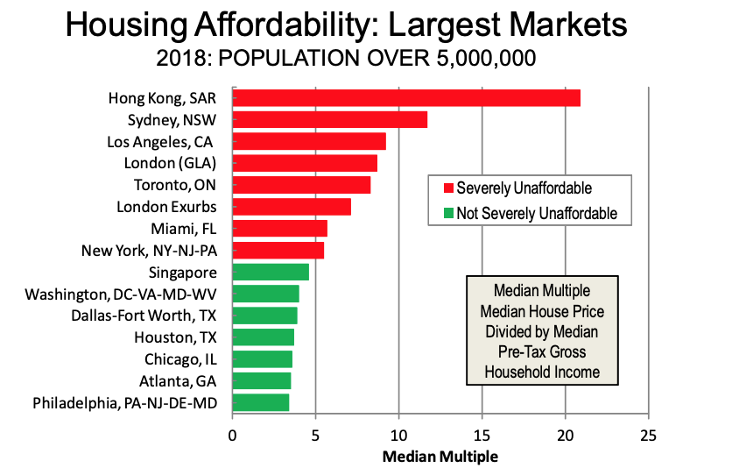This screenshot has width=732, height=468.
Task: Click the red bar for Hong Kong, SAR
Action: [405, 98]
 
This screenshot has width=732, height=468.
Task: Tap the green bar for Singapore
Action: [271, 272]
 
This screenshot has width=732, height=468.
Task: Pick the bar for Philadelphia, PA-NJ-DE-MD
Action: [260, 402]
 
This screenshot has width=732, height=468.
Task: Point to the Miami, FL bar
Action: [279, 229]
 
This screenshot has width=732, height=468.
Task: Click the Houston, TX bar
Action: [263, 337]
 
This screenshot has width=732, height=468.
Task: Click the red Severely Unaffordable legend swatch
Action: [448, 188]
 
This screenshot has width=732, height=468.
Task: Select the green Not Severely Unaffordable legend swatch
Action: [448, 213]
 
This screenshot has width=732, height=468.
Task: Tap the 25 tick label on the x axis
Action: [648, 435]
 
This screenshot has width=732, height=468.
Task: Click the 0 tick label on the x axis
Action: [232, 435]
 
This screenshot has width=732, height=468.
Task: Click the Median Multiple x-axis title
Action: [440, 456]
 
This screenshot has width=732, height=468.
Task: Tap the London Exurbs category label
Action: [166, 207]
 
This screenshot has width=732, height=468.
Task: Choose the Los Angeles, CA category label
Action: [161, 142]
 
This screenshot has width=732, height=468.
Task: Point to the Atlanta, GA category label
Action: [178, 380]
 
